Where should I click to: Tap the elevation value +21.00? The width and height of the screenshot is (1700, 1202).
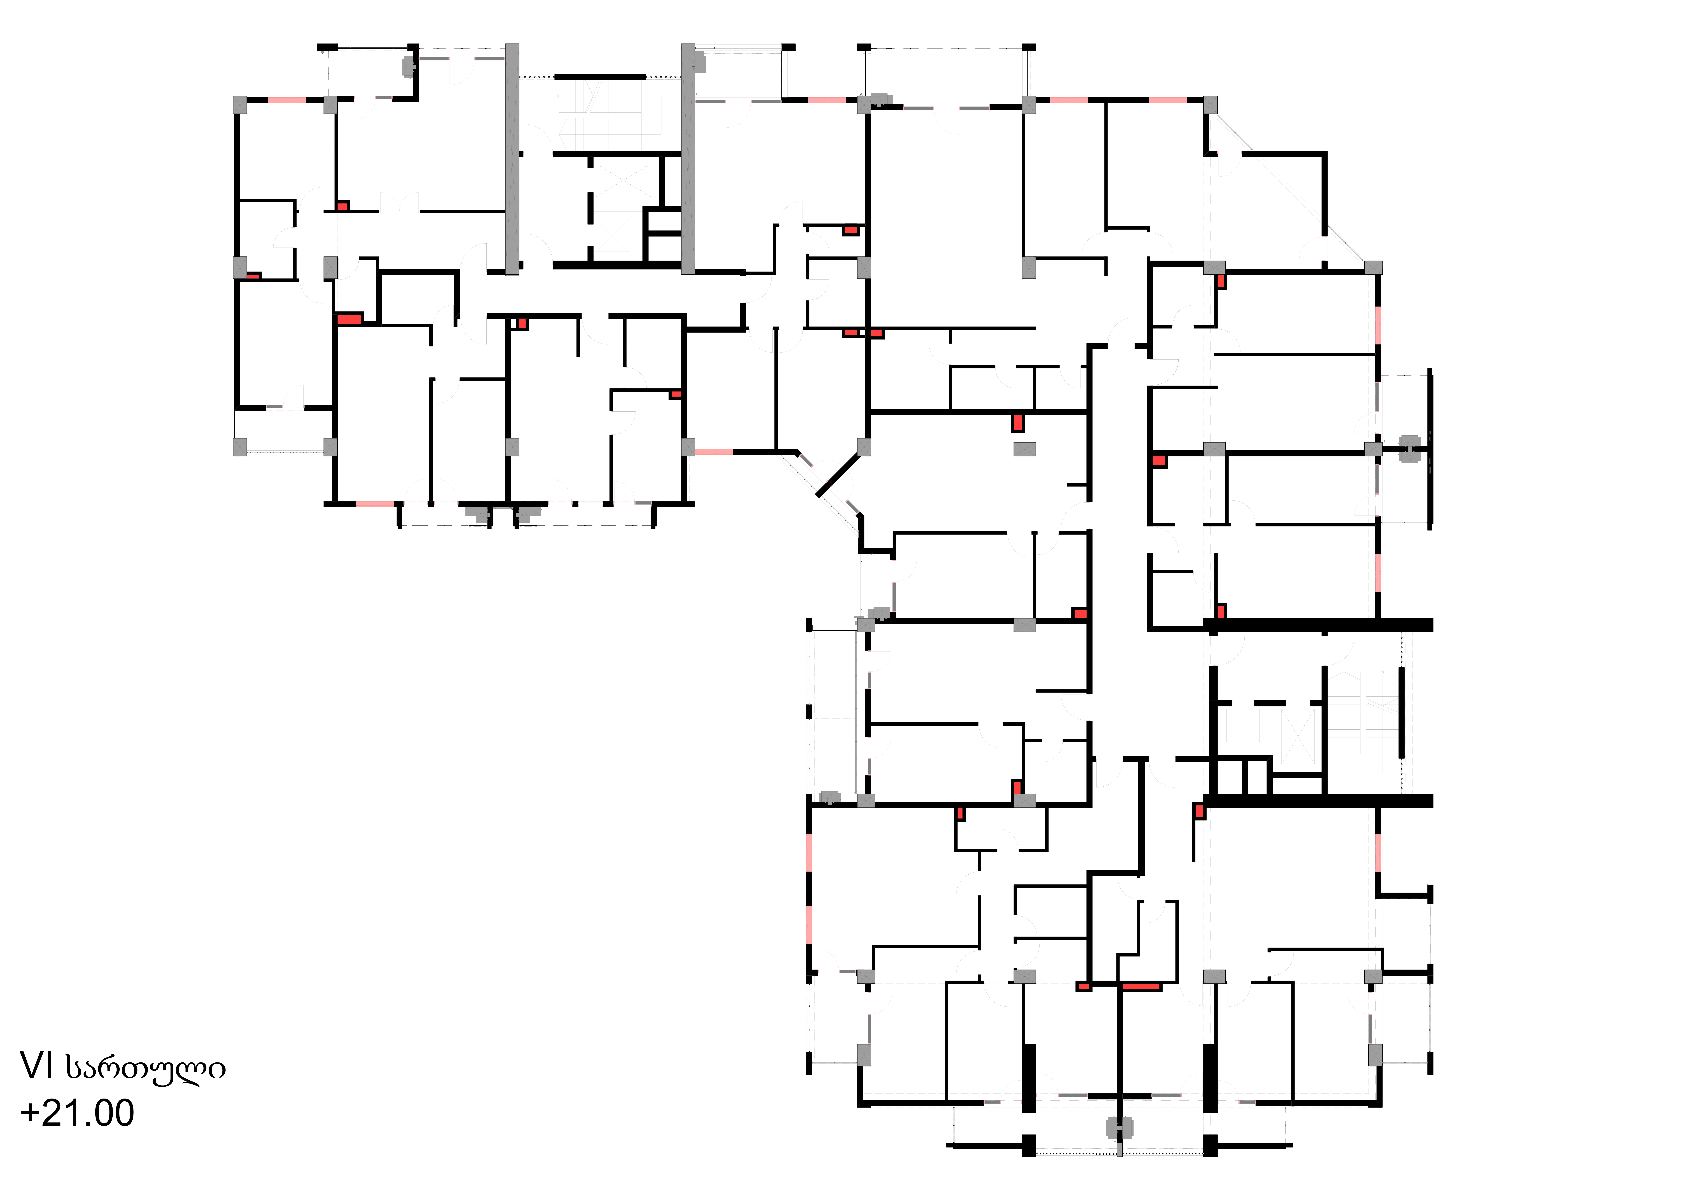point(78,1113)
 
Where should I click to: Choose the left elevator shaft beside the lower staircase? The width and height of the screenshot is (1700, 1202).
point(1242,725)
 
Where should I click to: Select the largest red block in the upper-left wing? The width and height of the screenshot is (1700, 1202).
point(349,319)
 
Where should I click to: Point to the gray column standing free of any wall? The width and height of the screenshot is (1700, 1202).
point(1025,448)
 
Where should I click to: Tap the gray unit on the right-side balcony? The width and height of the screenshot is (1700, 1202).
point(1409,448)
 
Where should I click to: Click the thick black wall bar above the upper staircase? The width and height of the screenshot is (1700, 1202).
point(600,76)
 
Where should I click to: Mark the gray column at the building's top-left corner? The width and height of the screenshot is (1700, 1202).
point(240,104)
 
